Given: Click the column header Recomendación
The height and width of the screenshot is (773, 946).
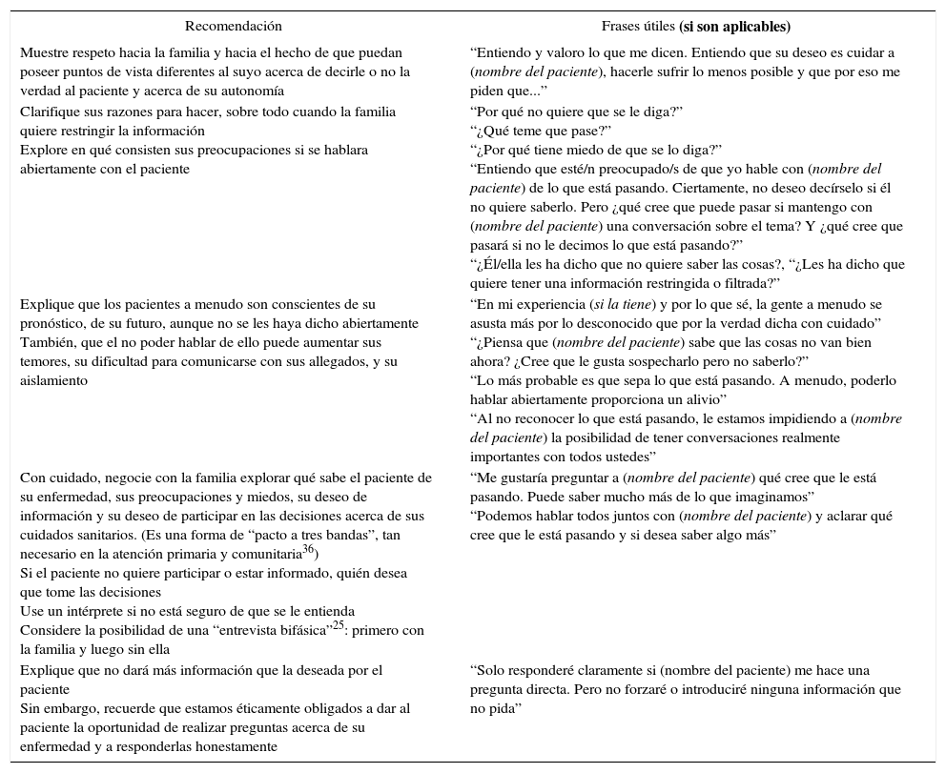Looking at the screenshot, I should pos(234,27).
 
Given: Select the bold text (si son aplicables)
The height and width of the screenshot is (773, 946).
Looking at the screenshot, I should pos(734,27).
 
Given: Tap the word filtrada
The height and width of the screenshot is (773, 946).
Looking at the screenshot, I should pos(747,283).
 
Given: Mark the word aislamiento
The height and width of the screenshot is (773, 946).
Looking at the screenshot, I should pos(53,380).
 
